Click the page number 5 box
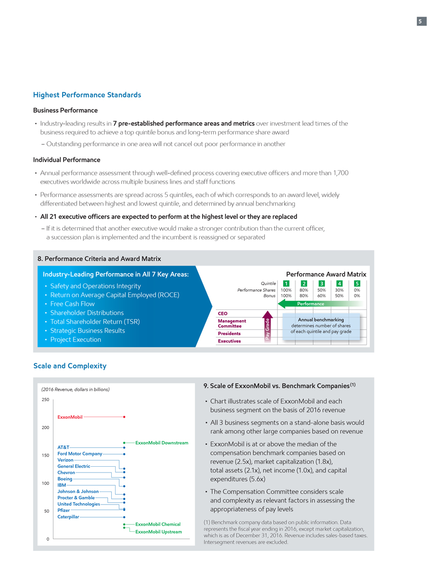(x=421, y=21)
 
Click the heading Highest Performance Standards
(x=87, y=95)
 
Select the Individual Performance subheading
(x=67, y=160)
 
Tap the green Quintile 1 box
(x=287, y=284)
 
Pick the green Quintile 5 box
(x=357, y=284)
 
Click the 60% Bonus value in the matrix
(x=322, y=295)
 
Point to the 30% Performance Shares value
(x=339, y=290)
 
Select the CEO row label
(x=223, y=313)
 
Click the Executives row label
(x=229, y=341)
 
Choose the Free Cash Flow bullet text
(x=72, y=304)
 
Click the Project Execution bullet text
(x=76, y=339)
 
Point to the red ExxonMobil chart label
(x=70, y=417)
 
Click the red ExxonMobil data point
(x=125, y=417)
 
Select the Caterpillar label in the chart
(x=69, y=516)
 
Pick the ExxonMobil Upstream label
(x=158, y=532)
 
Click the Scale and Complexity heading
(x=69, y=366)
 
